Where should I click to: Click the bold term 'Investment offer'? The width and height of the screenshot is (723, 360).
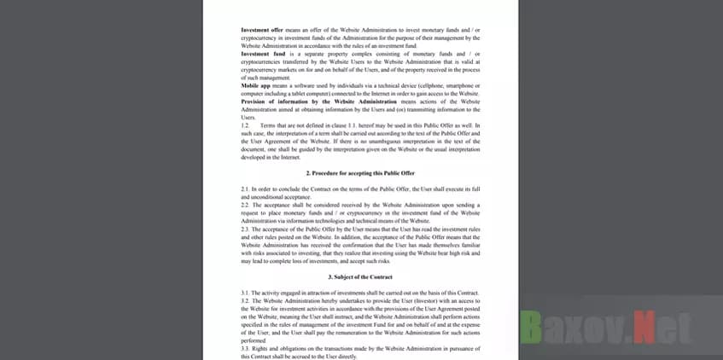262,30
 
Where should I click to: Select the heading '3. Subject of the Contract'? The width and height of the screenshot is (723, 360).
360,277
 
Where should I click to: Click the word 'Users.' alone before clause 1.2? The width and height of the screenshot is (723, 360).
249,117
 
